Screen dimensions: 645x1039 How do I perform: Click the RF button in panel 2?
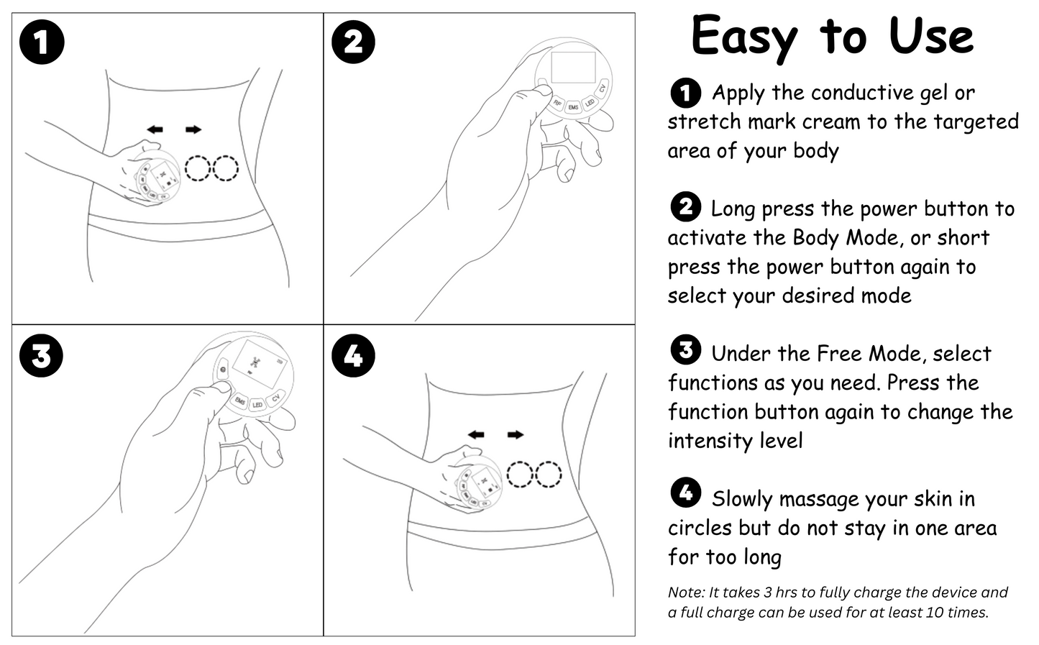tap(557, 103)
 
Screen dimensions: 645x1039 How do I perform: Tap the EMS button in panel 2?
tap(573, 108)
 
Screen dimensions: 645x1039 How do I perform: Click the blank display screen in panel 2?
tap(573, 67)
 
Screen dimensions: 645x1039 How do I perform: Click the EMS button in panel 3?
tap(240, 400)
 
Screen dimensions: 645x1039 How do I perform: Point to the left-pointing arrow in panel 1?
tap(155, 129)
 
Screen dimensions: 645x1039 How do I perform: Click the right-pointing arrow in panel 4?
tap(515, 435)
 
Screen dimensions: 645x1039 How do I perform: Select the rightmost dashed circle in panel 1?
tap(225, 168)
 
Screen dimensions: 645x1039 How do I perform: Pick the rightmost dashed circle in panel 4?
tap(548, 475)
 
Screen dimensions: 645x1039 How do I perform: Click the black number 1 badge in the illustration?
tap(42, 42)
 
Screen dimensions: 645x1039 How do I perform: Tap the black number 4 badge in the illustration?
tap(353, 355)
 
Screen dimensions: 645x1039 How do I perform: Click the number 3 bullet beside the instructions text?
tap(685, 350)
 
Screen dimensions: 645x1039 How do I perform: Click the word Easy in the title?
tap(743, 36)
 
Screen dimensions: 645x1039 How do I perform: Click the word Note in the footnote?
tap(685, 593)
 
